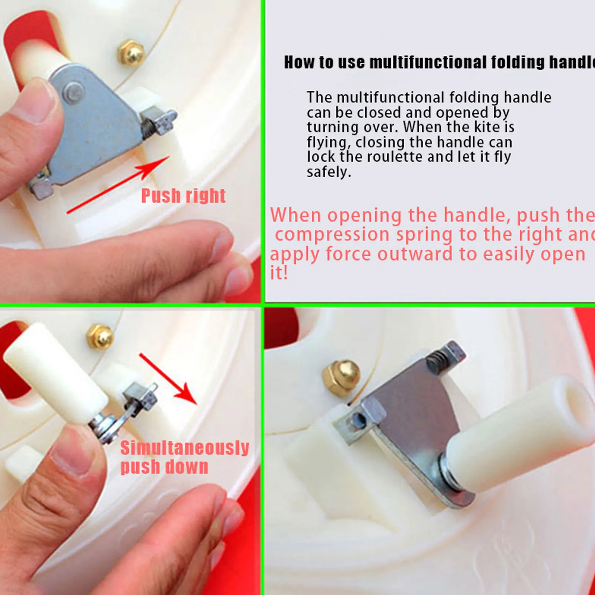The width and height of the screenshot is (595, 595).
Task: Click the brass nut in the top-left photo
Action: point(130,53)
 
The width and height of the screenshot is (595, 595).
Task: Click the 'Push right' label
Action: point(183,195)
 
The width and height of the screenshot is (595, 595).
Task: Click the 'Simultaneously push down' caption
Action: point(184,457)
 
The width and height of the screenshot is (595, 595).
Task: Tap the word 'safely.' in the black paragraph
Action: point(329,172)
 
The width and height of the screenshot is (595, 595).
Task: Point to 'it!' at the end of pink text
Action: point(279,273)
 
